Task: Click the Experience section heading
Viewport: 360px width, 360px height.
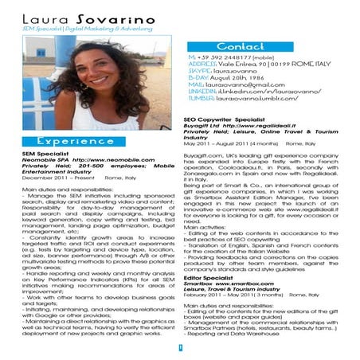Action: (75, 140)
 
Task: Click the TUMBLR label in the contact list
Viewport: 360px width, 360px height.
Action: (201, 98)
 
